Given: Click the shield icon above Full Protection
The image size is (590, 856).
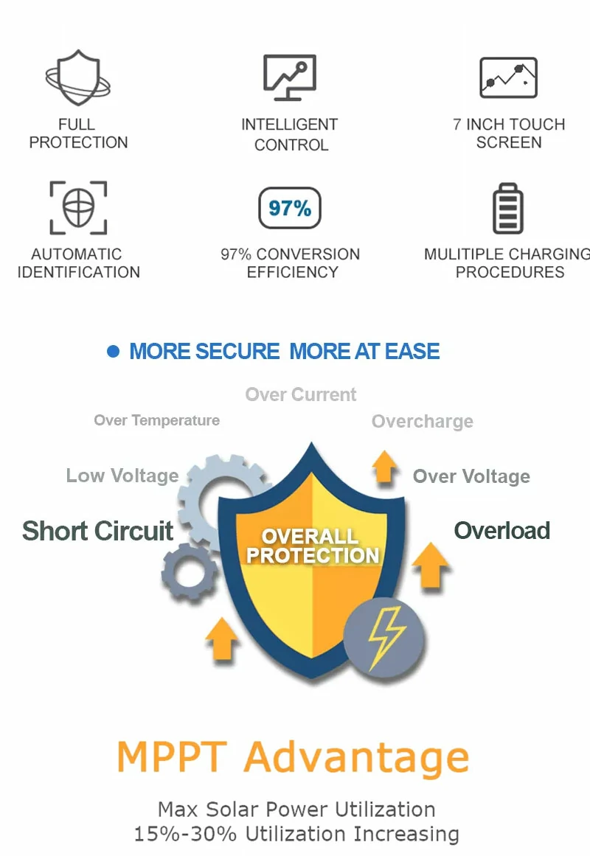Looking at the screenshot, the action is pyautogui.click(x=78, y=77).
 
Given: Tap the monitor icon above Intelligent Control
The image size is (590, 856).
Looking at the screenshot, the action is pyautogui.click(x=290, y=77).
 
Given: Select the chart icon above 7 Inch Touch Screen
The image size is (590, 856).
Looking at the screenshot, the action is pyautogui.click(x=509, y=77).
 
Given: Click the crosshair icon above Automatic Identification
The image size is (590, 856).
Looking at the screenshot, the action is pyautogui.click(x=78, y=207).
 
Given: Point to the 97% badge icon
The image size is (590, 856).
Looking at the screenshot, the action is pyautogui.click(x=290, y=208).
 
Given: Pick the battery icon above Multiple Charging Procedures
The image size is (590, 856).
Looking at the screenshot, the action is pyautogui.click(x=508, y=208).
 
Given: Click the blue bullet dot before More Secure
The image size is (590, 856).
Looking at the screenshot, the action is pyautogui.click(x=113, y=351).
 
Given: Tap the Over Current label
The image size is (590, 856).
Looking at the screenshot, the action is pyautogui.click(x=300, y=394).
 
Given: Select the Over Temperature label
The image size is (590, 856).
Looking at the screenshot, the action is pyautogui.click(x=157, y=420).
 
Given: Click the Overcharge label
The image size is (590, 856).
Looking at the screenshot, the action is pyautogui.click(x=423, y=422).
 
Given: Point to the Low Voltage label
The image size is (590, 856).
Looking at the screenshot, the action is pyautogui.click(x=122, y=476).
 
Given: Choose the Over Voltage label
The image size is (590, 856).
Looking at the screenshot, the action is pyautogui.click(x=471, y=476).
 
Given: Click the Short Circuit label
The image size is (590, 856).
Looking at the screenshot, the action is pyautogui.click(x=98, y=531).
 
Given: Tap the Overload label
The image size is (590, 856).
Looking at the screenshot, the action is pyautogui.click(x=502, y=531).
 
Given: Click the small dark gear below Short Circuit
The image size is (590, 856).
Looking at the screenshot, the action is pyautogui.click(x=190, y=571).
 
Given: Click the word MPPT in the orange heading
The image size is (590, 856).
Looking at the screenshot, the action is pyautogui.click(x=172, y=757).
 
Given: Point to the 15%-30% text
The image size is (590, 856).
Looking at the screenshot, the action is pyautogui.click(x=185, y=834).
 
